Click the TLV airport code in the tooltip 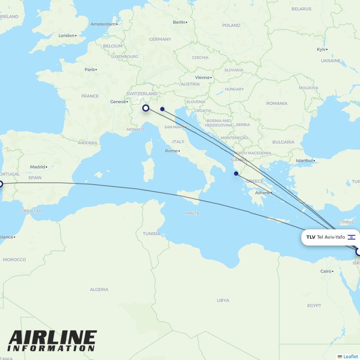(311, 237)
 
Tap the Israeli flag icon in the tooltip (351, 237)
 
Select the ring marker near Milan (146, 108)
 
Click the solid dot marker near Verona (162, 109)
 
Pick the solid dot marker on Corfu (236, 174)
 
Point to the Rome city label (171, 151)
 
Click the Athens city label (262, 193)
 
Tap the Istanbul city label (304, 161)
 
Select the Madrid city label (38, 167)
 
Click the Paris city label (90, 69)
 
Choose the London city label (67, 36)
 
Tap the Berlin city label (179, 22)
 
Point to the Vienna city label (202, 77)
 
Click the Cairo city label (325, 271)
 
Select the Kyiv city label (321, 49)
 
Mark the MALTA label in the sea (193, 213)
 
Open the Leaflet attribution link (350, 356)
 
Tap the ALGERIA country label (99, 289)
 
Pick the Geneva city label (118, 102)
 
